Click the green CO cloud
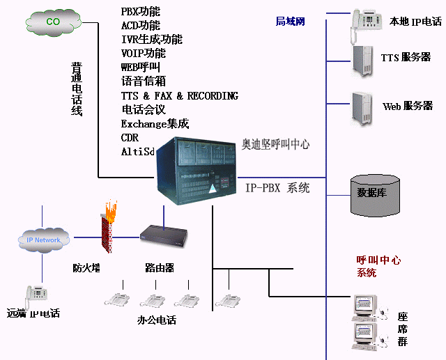54,22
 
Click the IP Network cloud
43,240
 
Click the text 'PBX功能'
140,12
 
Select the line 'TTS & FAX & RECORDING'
179,96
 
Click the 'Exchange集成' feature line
155,124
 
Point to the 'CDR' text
130,138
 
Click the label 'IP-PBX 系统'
277,188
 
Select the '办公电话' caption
157,320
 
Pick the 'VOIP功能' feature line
143,54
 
